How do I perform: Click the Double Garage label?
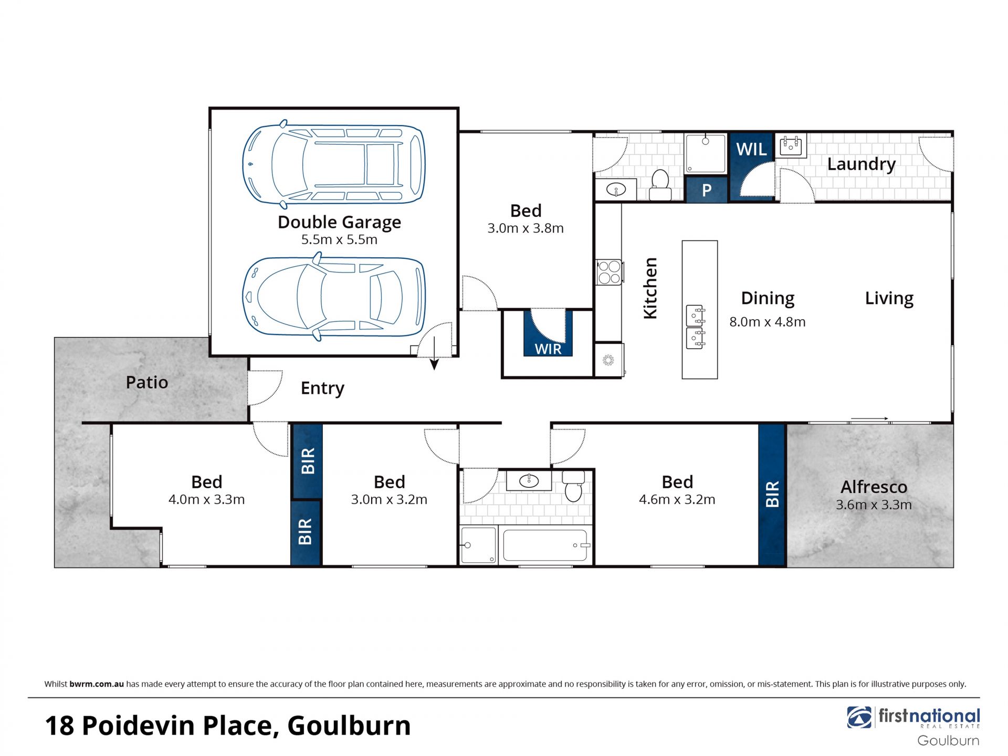coord(339,222)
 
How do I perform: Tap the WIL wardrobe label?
coord(751,150)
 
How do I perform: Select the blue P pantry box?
coord(707,190)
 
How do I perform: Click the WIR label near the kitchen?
coord(548,349)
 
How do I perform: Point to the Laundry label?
coord(862,164)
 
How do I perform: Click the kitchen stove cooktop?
coord(609,272)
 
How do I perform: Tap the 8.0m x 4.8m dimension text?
coord(767,322)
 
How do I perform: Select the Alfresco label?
coord(874,487)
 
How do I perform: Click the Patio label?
coord(147,382)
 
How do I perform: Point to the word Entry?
coord(322,388)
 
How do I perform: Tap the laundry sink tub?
coord(791,146)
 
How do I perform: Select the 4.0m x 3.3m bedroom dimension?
coord(206,499)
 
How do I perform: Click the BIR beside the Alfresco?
coord(772,494)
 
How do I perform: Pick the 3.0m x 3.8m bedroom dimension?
coord(526,228)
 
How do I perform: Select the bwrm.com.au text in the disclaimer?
coord(97,684)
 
